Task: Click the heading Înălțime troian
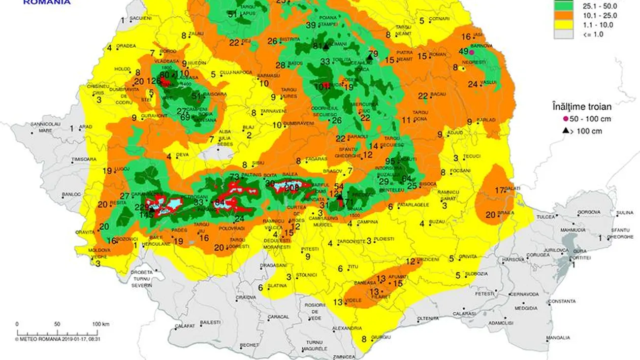click(x=581, y=107)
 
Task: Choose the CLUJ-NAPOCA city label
click(x=237, y=73)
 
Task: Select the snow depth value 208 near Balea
click(x=292, y=187)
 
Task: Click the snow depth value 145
click(x=146, y=215)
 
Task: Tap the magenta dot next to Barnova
click(x=471, y=52)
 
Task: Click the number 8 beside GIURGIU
click(x=364, y=339)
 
